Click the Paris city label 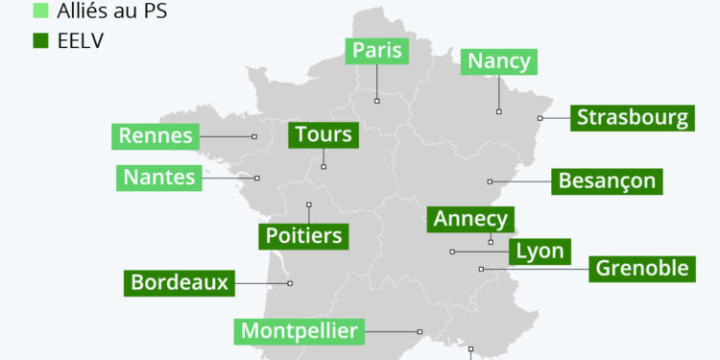click(376, 51)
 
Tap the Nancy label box click(498, 61)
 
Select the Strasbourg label click(633, 118)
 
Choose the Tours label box click(324, 135)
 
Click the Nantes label click(159, 178)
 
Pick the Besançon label click(607, 180)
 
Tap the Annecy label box click(470, 219)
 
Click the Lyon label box click(540, 252)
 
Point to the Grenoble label click(642, 268)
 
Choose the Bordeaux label click(180, 283)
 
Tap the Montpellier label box click(300, 332)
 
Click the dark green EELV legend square click(40, 41)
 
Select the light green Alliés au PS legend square click(40, 12)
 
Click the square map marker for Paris click(376, 99)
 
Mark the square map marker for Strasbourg click(540, 118)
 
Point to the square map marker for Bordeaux click(290, 283)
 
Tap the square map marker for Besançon click(490, 180)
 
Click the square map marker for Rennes click(254, 136)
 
